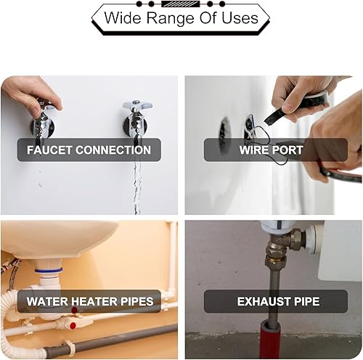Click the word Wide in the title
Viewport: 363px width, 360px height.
(122, 17)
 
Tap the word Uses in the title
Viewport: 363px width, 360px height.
(240, 17)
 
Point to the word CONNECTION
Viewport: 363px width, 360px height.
(113, 150)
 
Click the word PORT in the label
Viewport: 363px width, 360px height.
(287, 150)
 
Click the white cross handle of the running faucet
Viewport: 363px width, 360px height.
(137, 105)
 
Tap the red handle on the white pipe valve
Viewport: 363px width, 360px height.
(73, 326)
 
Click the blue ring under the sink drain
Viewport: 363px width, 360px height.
(49, 270)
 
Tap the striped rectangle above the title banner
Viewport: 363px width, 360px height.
(181, 4)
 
